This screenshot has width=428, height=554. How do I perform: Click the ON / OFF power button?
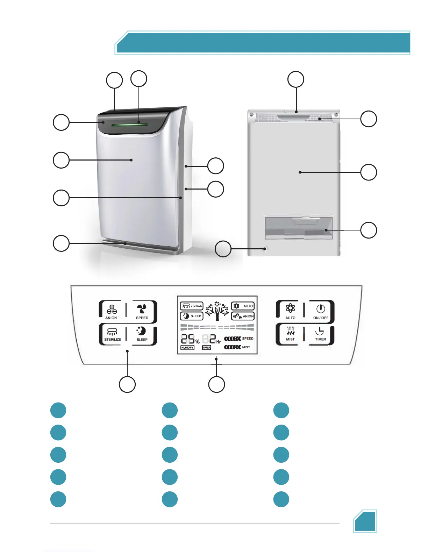pos(321,311)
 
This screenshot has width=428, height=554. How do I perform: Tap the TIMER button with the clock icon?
pos(320,334)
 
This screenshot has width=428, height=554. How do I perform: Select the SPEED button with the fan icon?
pos(142,311)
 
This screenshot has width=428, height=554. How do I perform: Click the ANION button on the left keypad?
pos(111,312)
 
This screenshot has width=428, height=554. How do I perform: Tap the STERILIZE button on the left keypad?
pos(112,334)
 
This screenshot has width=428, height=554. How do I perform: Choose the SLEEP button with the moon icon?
pos(142,334)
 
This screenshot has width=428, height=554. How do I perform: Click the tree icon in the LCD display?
pos(217,311)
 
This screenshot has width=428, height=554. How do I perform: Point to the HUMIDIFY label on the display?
pos(187,348)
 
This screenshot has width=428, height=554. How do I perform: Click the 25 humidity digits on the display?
pos(188,339)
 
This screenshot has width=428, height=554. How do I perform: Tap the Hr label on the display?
pos(219,341)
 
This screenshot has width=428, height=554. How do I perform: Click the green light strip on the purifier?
pos(129,124)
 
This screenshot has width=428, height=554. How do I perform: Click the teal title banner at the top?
pos(262,43)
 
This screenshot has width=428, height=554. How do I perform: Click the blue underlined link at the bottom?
pos(69,551)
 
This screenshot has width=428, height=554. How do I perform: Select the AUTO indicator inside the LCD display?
pos(243,306)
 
